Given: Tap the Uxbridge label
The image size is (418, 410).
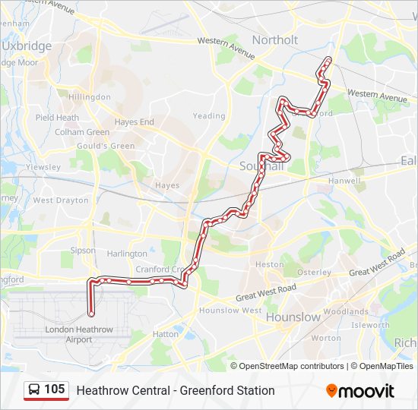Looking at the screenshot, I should [27, 46].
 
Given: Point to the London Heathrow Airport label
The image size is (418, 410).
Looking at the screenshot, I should [79, 335].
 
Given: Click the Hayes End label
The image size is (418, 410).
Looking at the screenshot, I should [134, 121].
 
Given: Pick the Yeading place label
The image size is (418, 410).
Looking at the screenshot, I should [209, 116].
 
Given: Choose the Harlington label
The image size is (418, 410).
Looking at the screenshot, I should [127, 254].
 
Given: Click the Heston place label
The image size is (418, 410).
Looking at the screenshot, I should [269, 264].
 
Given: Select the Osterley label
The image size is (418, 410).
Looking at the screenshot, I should [315, 272].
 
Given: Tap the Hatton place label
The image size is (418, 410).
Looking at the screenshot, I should [166, 333].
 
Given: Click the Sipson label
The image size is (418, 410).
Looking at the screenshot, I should [83, 250].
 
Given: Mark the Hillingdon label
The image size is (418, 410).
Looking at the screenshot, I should [89, 98].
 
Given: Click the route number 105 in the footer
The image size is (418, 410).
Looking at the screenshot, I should [54, 389].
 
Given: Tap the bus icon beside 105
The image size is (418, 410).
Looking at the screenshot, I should [35, 390].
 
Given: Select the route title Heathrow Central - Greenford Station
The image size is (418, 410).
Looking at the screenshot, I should [176, 390].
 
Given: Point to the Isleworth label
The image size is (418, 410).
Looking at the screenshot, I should [371, 325].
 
